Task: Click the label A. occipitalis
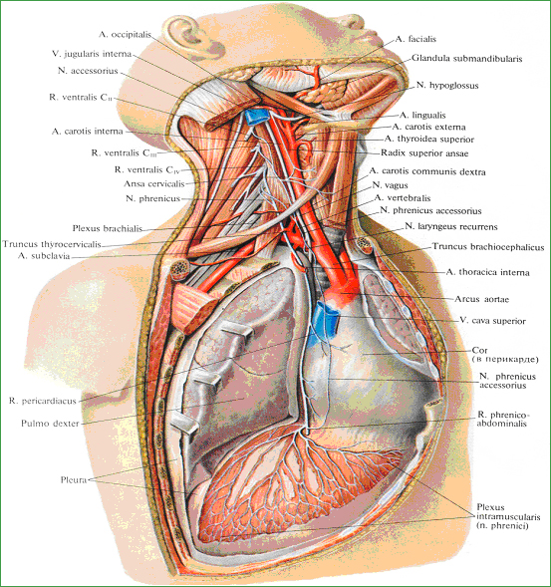[125, 35]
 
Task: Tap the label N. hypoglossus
[447, 86]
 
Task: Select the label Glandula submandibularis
[466, 59]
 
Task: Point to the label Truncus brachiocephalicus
[488, 247]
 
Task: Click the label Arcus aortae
[481, 299]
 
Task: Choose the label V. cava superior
[492, 321]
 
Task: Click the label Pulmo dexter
[50, 424]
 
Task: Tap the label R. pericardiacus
[42, 401]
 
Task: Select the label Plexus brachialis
[108, 228]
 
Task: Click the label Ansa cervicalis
[154, 183]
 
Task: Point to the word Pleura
[74, 479]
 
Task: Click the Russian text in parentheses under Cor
[505, 360]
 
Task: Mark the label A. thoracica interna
[488, 272]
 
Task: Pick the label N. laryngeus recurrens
[451, 227]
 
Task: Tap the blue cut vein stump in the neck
[256, 116]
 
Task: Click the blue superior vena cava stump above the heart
[325, 318]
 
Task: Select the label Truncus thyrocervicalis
[52, 244]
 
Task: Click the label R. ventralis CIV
[147, 170]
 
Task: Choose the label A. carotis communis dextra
[427, 171]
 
